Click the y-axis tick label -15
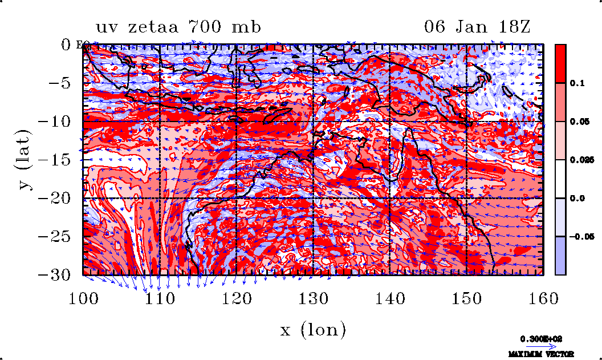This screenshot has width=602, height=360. (56, 160)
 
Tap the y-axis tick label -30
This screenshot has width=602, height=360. (56, 275)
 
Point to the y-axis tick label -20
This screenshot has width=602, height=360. (56, 199)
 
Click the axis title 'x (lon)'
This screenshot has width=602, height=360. (313, 329)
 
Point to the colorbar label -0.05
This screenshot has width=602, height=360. (581, 236)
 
